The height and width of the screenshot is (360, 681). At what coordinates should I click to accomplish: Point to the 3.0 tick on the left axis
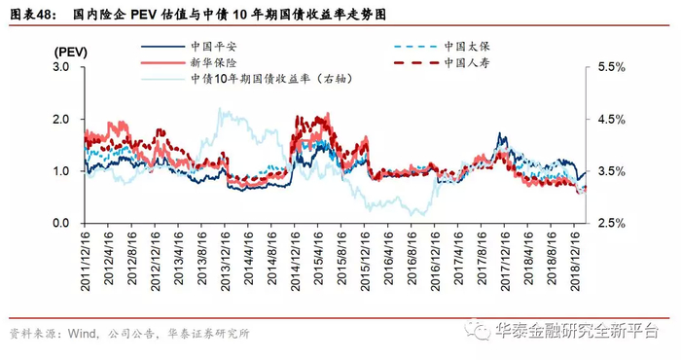[61, 67]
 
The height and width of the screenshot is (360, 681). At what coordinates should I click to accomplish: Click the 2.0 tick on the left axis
[61, 119]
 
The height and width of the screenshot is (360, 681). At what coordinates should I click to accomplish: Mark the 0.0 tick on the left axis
[61, 223]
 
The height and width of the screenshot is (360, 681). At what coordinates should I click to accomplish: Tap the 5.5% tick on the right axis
[612, 67]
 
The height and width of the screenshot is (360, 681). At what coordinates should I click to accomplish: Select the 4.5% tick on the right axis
[612, 119]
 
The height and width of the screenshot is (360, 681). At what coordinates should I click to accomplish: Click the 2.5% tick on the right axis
[612, 223]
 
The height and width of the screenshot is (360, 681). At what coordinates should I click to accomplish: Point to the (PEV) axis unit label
[71, 53]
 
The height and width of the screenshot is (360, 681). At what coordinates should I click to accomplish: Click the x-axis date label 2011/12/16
[86, 261]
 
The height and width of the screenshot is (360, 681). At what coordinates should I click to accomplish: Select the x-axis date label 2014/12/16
[296, 261]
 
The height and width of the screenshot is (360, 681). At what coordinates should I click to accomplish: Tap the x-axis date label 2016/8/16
[412, 258]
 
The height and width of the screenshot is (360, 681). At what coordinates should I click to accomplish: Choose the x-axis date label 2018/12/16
[576, 261]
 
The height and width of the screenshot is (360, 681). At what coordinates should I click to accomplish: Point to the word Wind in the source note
[82, 334]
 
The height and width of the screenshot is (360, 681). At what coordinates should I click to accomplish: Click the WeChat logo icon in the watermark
[478, 331]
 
